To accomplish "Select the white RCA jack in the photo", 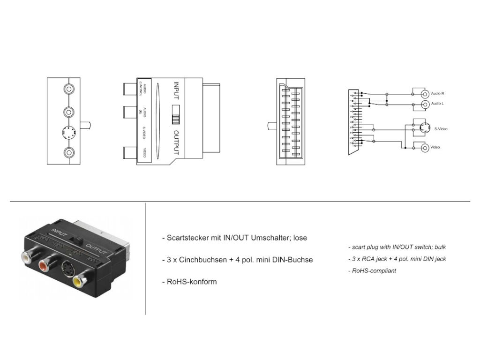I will pyautogui.click(x=26, y=257).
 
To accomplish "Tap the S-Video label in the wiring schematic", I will pyautogui.click(x=441, y=128).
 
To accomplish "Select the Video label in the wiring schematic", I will pyautogui.click(x=435, y=148).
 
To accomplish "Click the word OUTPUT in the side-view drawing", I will pyautogui.click(x=176, y=142).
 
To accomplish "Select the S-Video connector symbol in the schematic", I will pyautogui.click(x=422, y=127).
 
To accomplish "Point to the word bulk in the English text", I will pyautogui.click(x=445, y=247).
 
